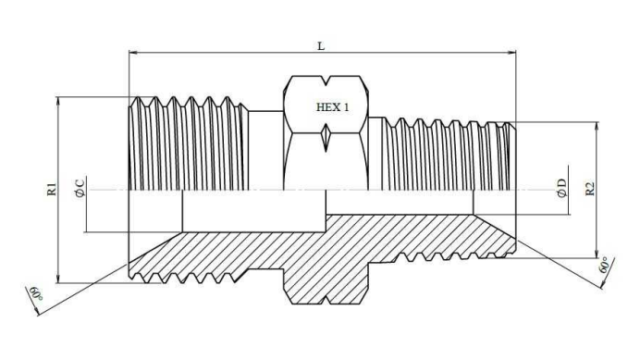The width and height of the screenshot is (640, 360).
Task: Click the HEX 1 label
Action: click(333, 107)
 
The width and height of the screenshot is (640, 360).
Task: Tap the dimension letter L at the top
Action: click(321, 46)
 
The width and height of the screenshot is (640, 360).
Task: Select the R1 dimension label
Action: click(52, 189)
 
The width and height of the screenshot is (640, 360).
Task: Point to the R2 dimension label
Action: click(590, 189)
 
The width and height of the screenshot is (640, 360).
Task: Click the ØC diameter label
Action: click(80, 188)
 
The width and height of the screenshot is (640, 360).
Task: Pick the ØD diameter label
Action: click(562, 188)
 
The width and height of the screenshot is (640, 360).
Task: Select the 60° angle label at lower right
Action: click(604, 266)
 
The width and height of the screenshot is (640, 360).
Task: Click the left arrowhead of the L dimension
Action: click(133, 53)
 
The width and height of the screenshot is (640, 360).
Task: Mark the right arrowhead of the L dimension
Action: click(511, 53)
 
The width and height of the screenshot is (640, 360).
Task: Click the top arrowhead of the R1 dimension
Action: click(58, 102)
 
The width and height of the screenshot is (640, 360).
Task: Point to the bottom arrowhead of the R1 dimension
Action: click(58, 278)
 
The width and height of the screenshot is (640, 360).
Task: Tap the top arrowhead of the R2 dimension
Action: click(597, 127)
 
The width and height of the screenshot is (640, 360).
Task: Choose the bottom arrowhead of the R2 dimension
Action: click(597, 254)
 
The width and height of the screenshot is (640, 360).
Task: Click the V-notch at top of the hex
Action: click(326, 81)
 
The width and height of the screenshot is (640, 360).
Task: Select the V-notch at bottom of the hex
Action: click(326, 300)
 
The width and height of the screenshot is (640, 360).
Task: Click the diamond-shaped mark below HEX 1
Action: click(326, 138)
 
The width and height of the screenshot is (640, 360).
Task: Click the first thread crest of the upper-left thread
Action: click(138, 99)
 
